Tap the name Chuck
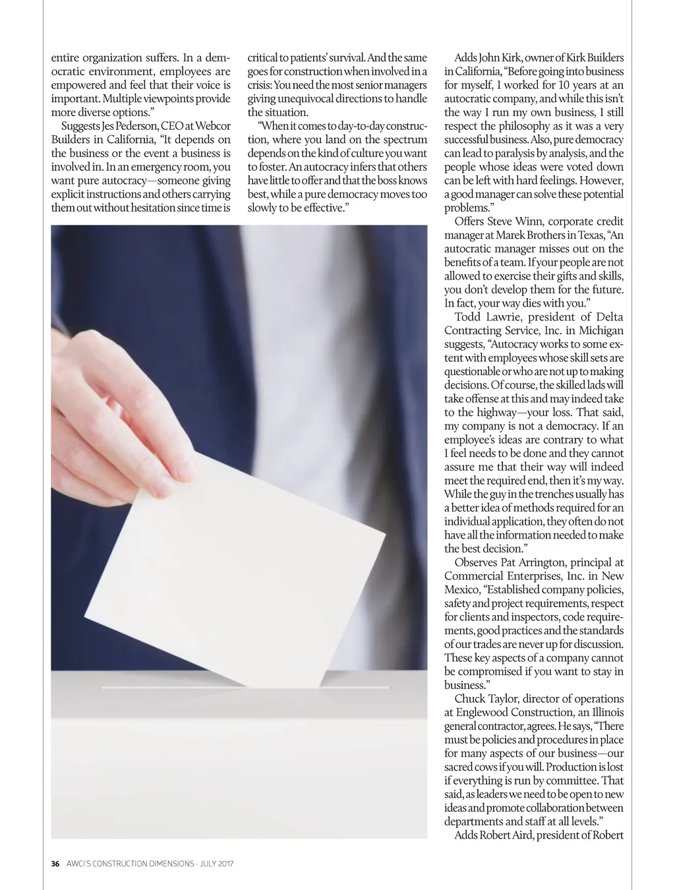pos(469,699)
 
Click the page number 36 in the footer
pos(55,864)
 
